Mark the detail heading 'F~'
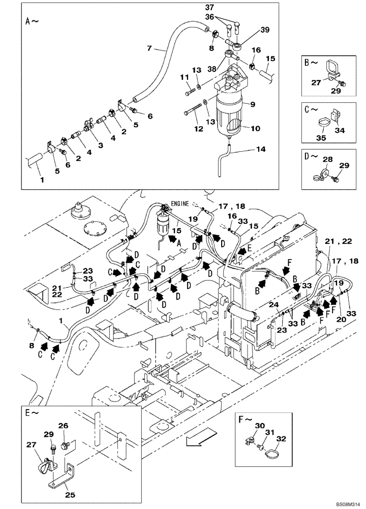pos(245,420)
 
